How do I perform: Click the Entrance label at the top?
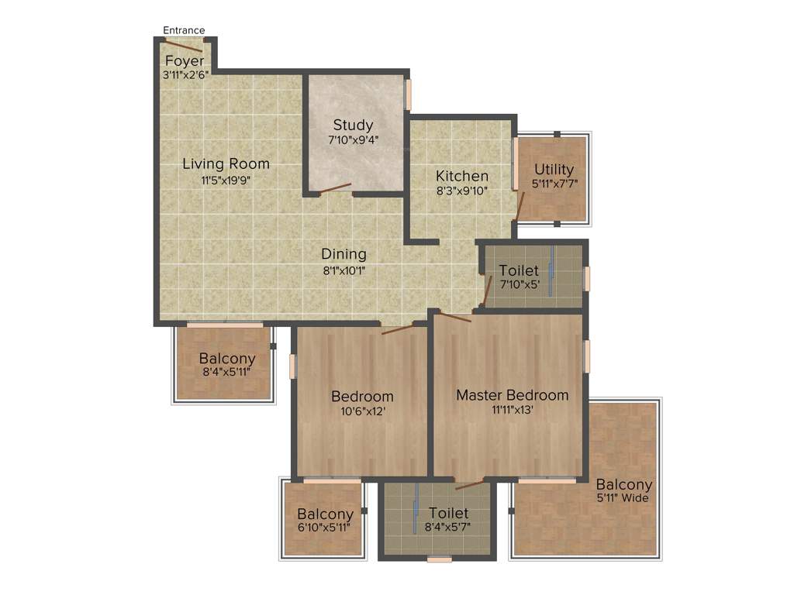pos(184,30)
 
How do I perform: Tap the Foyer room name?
pos(185,61)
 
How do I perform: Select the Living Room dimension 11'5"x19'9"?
pos(226,180)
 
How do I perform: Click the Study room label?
pos(353,125)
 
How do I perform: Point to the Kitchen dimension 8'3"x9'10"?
pos(461,191)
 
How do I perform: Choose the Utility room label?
pos(554,169)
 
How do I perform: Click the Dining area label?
pos(343,254)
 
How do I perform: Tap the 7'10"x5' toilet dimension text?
pos(519,285)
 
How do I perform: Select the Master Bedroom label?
pos(512,395)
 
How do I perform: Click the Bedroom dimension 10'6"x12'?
pos(362,411)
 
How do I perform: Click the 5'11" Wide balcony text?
pos(623,498)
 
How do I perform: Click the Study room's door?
pos(335,188)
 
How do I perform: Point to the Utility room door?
pos(521,206)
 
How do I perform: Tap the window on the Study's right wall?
pos(408,95)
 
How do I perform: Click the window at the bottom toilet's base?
pos(439,558)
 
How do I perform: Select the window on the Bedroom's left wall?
pos(292,366)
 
